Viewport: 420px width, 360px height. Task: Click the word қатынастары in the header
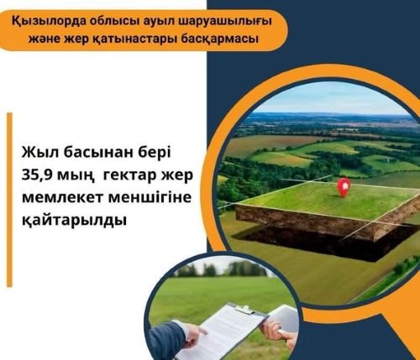pyautogui.click(x=134, y=39)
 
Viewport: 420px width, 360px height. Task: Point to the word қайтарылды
pyautogui.click(x=74, y=221)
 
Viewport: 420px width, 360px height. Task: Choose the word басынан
pyautogui.click(x=100, y=154)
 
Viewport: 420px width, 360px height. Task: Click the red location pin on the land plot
pyautogui.click(x=344, y=187)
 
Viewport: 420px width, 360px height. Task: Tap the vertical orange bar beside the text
pyautogui.click(x=9, y=200)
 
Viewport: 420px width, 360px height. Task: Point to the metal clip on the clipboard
pyautogui.click(x=245, y=310)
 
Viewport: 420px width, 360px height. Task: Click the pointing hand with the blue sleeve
pyautogui.click(x=174, y=338)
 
